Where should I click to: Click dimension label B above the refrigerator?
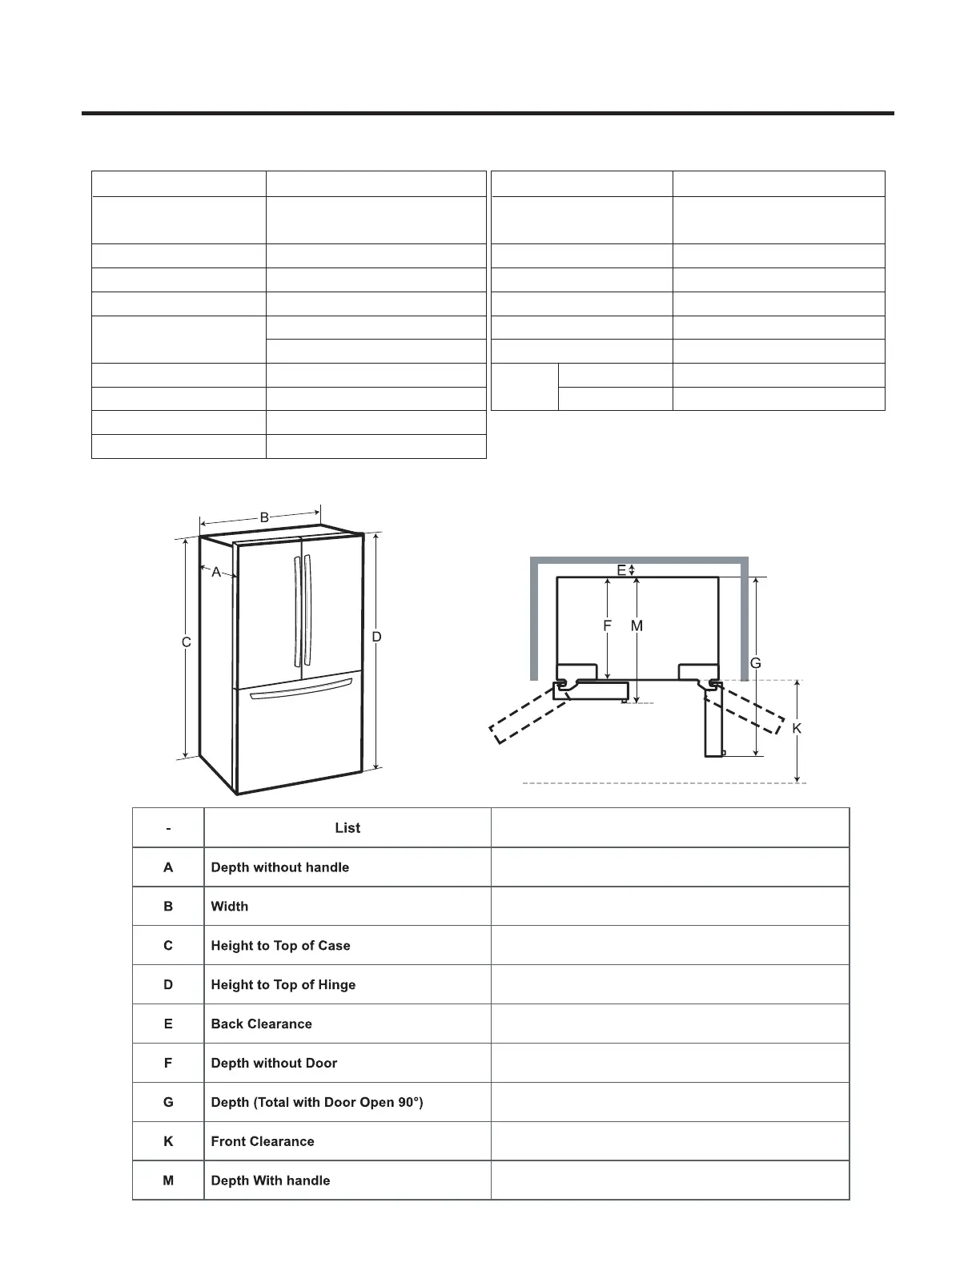[264, 518]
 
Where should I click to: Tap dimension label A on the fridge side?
[216, 573]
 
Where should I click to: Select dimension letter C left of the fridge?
[186, 642]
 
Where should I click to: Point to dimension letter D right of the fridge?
[376, 637]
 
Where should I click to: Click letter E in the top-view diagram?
[621, 570]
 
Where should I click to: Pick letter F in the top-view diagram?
[608, 626]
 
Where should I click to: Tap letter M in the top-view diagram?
[637, 626]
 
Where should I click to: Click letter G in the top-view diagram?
[755, 663]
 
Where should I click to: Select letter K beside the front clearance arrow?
[797, 728]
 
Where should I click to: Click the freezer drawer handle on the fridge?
[301, 690]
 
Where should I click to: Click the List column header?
[347, 828]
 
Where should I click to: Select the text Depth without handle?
[280, 867]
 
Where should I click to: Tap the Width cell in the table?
[230, 907]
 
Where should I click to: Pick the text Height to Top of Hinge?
[283, 985]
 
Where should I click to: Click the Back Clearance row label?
[262, 1024]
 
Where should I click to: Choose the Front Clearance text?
[263, 1142]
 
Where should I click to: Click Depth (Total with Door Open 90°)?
[317, 1103]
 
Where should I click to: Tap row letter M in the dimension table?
[168, 1181]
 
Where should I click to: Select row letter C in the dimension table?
[168, 946]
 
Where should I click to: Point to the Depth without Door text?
[274, 1064]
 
